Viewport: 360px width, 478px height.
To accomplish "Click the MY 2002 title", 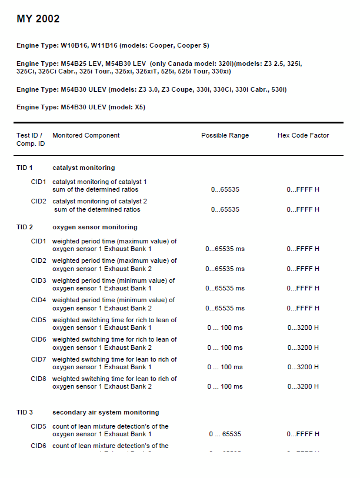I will (x=38, y=19).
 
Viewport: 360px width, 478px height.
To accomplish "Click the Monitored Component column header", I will (x=86, y=135).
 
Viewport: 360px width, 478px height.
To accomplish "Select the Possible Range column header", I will (x=225, y=135).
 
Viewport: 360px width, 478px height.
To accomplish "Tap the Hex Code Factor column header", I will (x=303, y=135).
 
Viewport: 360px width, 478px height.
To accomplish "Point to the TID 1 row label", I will (x=25, y=168).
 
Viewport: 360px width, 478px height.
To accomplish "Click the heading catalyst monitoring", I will (x=84, y=168).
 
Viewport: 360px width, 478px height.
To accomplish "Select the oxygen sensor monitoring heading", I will (x=95, y=227).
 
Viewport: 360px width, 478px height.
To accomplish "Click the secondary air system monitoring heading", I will (x=105, y=412).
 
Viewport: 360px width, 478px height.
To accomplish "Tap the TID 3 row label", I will (x=25, y=412).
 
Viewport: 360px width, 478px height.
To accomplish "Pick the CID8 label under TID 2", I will (x=38, y=379).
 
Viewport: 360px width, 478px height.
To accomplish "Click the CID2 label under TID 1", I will (x=38, y=201).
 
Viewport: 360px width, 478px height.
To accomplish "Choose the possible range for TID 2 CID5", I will (x=225, y=328).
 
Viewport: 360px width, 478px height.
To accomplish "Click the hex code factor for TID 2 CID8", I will (x=303, y=387).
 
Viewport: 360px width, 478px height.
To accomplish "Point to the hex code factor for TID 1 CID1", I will (x=303, y=190).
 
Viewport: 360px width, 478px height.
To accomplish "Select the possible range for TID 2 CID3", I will (x=225, y=289).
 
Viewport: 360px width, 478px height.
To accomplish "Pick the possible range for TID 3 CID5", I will (x=225, y=434).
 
